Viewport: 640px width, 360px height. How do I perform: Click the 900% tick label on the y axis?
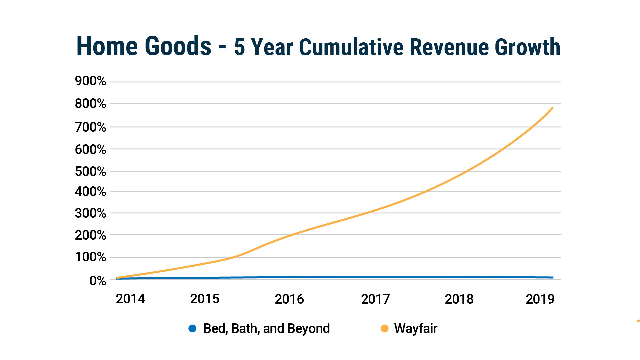[90, 81]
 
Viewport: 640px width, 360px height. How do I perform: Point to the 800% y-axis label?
[90, 104]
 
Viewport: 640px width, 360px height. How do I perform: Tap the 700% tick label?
[90, 127]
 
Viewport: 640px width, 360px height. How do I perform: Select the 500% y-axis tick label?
[90, 172]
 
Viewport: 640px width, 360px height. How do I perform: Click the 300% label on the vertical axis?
[90, 213]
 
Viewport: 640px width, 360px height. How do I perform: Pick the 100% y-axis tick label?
[90, 257]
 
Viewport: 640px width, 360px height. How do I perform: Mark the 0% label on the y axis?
[98, 281]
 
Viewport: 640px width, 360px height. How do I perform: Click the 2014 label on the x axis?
[130, 299]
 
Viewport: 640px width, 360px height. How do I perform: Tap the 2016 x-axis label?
[289, 299]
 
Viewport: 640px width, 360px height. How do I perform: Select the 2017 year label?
[375, 299]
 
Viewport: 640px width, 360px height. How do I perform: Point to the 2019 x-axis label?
[540, 299]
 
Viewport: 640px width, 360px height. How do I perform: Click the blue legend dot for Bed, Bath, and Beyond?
[192, 329]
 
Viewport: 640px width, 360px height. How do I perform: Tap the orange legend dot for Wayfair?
[384, 329]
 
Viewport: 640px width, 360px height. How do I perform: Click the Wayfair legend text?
[416, 329]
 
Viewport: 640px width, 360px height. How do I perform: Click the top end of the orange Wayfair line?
[553, 108]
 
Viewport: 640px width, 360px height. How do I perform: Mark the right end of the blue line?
[553, 277]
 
